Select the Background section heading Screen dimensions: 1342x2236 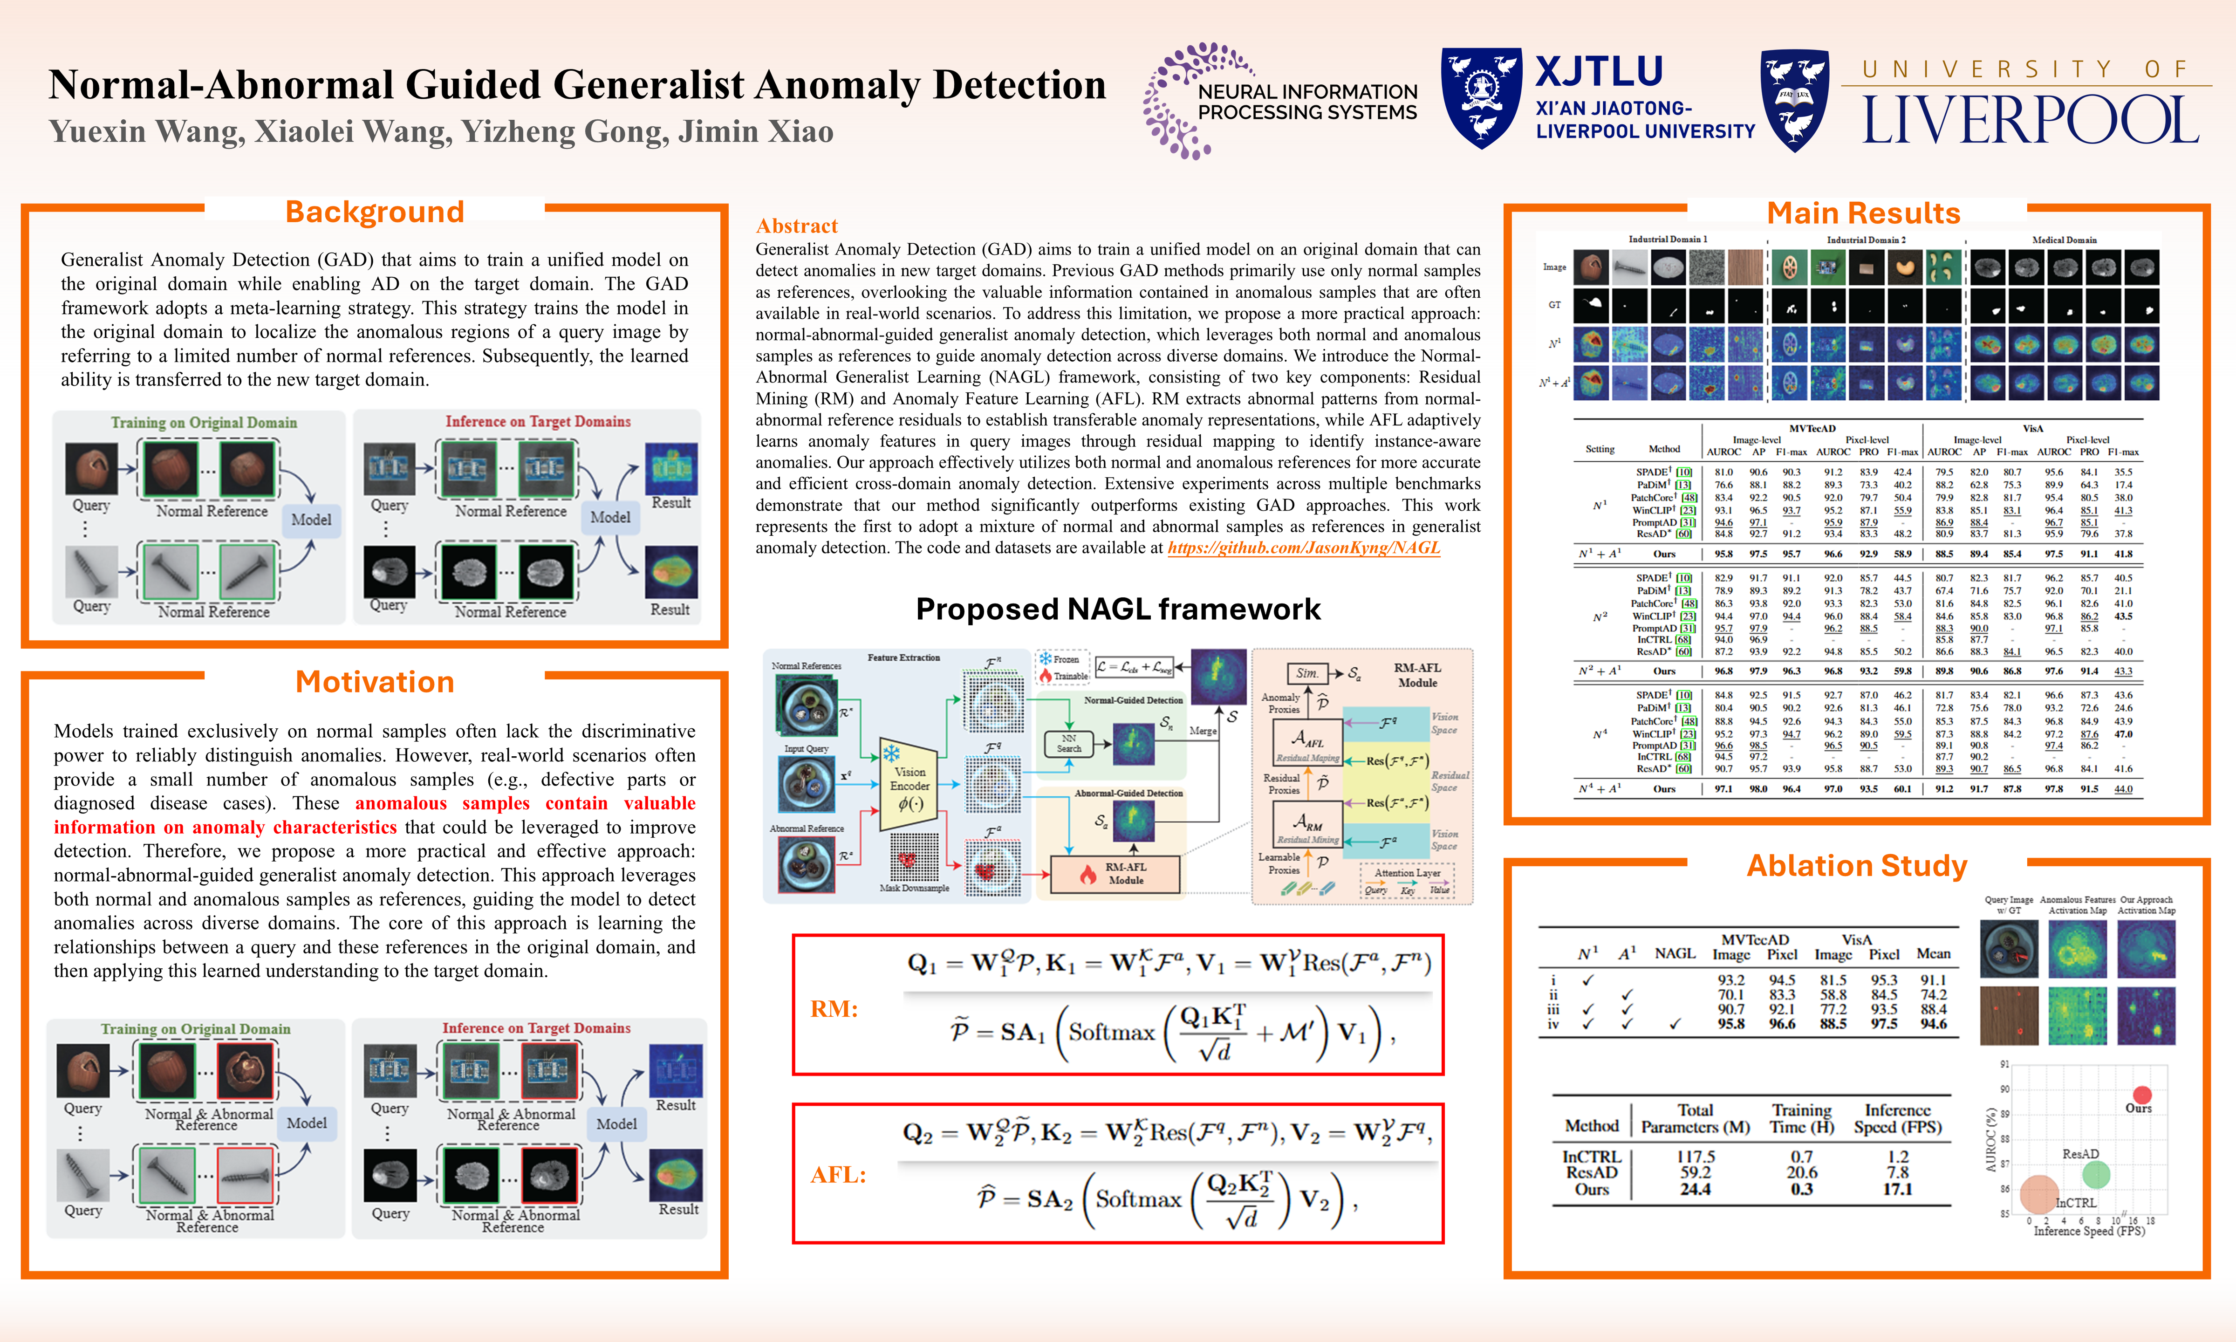(374, 212)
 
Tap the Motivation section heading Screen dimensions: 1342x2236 (374, 682)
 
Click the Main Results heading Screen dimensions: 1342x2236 (1863, 213)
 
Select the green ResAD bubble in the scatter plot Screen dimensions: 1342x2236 (2096, 1175)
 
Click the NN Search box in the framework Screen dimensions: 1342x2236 (1069, 743)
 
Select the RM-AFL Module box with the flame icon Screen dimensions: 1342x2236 (1115, 874)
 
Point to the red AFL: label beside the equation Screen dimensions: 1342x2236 (838, 1175)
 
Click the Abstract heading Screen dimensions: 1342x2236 (797, 226)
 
